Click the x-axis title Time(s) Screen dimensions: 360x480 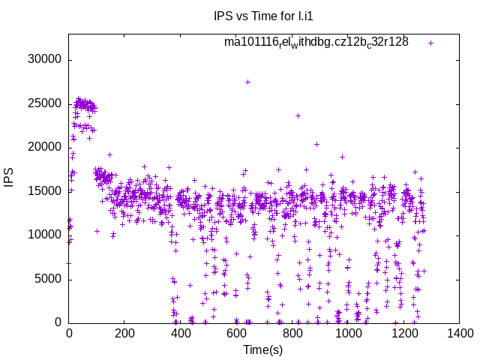pyautogui.click(x=263, y=349)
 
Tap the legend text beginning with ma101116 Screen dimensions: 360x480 pyautogui.click(x=316, y=42)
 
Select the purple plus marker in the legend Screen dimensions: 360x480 pyautogui.click(x=430, y=43)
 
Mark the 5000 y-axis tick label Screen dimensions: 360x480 pyautogui.click(x=47, y=279)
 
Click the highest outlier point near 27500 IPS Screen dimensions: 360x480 pyautogui.click(x=247, y=82)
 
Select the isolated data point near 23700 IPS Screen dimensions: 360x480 pyautogui.click(x=298, y=115)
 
